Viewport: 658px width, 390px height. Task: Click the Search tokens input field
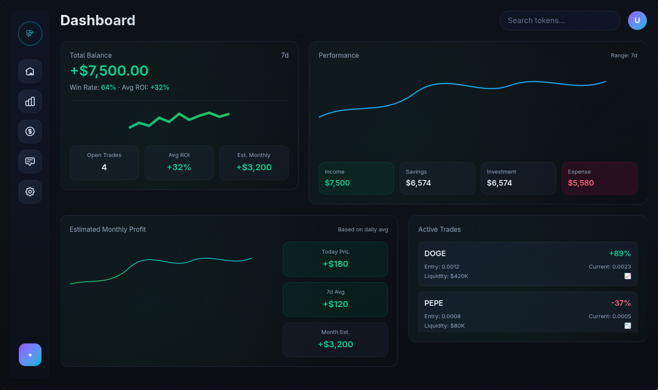(x=559, y=21)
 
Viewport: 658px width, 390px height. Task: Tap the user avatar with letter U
(x=637, y=21)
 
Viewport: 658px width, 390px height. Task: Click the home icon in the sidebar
(x=30, y=71)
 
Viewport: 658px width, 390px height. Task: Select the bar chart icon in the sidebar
(x=30, y=101)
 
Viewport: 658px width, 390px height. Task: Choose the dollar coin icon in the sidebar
(x=30, y=131)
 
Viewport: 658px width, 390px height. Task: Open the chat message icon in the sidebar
(x=30, y=162)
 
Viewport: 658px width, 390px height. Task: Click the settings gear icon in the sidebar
(x=30, y=192)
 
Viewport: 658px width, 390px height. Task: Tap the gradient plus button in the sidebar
(x=30, y=355)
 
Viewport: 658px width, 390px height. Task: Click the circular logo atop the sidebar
(x=30, y=33)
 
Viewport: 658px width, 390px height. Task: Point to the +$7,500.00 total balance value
(x=109, y=71)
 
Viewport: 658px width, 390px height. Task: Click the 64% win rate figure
(x=108, y=87)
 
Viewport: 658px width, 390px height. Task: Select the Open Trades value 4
(x=104, y=167)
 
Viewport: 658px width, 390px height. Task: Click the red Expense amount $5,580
(x=581, y=183)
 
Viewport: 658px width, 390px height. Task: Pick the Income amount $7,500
(x=337, y=183)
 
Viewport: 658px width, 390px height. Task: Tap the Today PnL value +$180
(x=335, y=264)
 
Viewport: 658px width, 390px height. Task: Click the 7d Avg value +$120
(x=335, y=304)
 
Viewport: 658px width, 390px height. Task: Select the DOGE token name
(x=435, y=254)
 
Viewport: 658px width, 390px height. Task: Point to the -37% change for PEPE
(x=621, y=303)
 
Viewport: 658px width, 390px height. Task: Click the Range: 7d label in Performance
(x=624, y=56)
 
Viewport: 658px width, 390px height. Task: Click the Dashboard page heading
(x=98, y=21)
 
